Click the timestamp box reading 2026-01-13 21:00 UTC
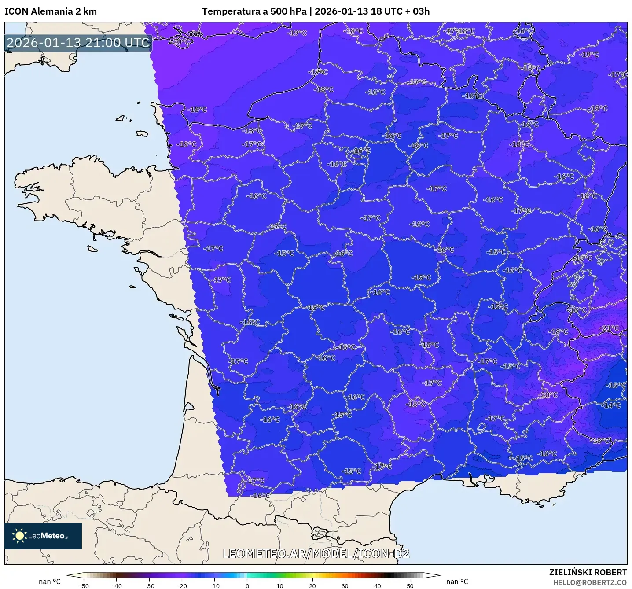(78, 43)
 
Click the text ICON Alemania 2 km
(51, 11)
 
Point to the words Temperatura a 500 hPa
(254, 11)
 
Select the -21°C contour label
(610, 328)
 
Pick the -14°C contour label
(612, 405)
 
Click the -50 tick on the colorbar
(83, 585)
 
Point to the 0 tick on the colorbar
(247, 585)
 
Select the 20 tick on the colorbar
(312, 585)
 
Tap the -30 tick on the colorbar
(149, 585)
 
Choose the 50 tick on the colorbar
(410, 585)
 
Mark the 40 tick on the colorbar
(378, 585)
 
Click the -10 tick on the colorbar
(214, 585)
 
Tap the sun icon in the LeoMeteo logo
(19, 536)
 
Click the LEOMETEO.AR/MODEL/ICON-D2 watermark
(316, 553)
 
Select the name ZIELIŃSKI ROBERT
(588, 572)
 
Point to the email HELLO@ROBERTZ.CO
(589, 582)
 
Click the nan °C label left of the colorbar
(50, 582)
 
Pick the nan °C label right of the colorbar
(457, 582)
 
